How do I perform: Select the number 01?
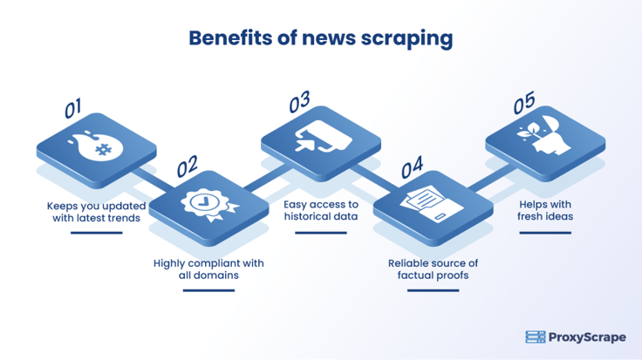(x=73, y=108)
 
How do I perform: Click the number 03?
(x=299, y=103)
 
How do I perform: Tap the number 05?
(x=523, y=104)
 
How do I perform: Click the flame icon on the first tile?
(x=96, y=144)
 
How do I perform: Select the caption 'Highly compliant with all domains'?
(x=208, y=268)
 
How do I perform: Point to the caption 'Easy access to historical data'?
(x=321, y=210)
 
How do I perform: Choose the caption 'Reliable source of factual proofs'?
(x=434, y=268)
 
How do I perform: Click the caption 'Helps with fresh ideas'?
(x=546, y=210)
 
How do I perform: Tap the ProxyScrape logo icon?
(x=535, y=336)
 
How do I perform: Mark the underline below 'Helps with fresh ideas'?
(x=546, y=231)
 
